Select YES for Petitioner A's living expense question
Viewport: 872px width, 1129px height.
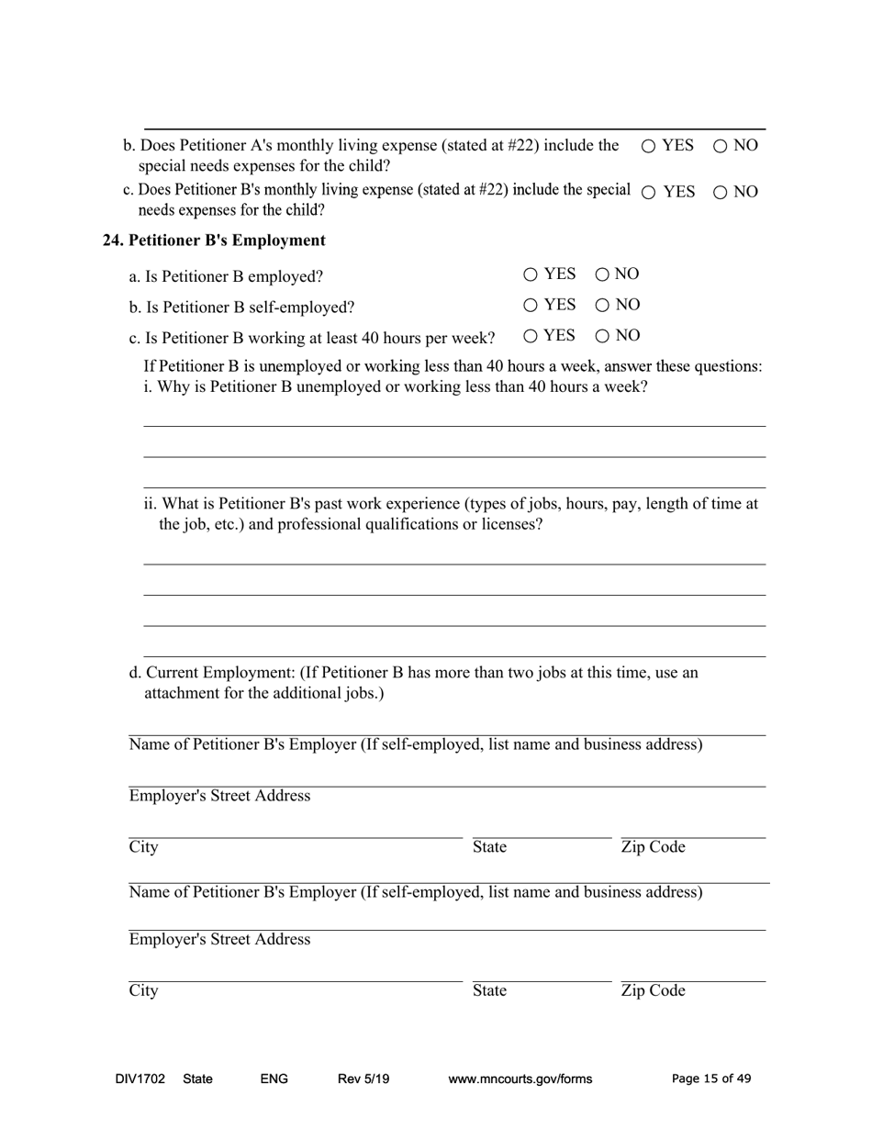648,146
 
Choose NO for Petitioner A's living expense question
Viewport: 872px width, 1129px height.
720,146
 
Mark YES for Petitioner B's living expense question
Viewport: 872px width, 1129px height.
648,193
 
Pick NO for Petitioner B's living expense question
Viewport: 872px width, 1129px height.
720,193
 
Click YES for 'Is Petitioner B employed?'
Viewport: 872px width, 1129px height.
531,274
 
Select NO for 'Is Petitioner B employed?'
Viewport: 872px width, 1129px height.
602,274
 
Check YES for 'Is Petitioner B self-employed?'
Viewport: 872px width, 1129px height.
531,305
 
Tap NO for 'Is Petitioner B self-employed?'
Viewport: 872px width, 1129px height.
602,305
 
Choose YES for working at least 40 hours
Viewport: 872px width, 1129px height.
531,336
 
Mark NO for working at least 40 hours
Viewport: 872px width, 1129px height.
602,336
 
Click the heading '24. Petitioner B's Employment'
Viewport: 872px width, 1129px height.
214,240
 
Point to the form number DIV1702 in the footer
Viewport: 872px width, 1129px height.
140,1079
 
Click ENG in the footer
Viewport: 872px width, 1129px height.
274,1079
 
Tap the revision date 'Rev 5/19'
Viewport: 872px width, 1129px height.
363,1079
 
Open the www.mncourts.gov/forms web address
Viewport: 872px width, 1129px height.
520,1079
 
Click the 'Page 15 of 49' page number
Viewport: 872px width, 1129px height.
711,1079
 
